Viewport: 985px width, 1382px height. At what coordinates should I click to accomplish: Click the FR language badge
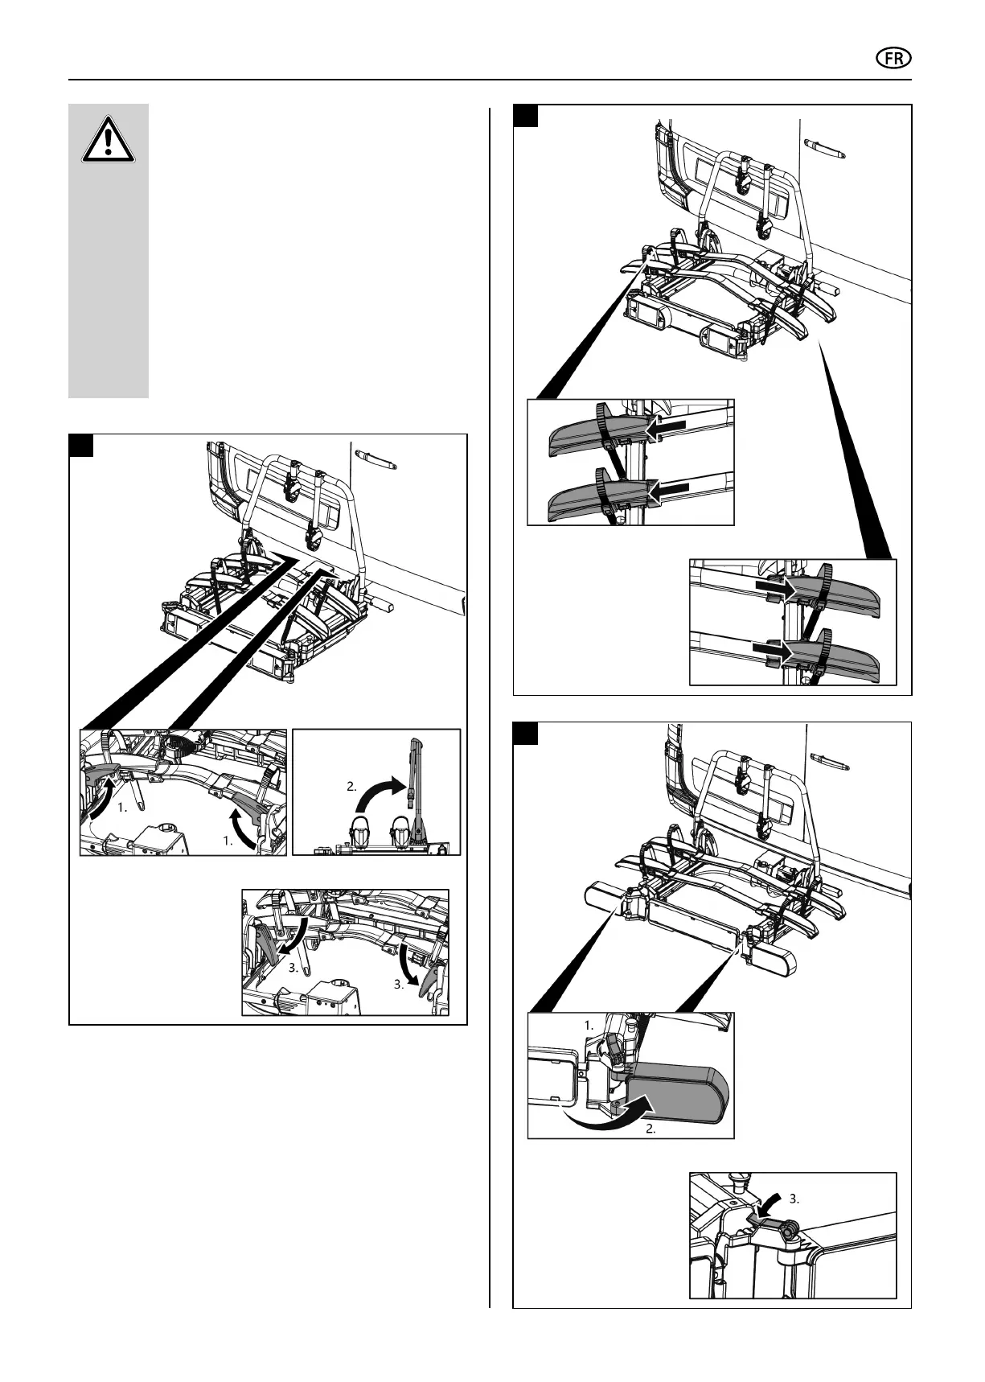892,60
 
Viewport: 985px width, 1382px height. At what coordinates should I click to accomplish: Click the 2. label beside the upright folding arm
352,787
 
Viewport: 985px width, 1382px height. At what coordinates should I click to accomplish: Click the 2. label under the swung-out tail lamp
651,1129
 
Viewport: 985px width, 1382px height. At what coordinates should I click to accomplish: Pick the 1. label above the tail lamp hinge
589,1026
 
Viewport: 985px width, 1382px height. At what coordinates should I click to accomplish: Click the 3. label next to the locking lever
794,1198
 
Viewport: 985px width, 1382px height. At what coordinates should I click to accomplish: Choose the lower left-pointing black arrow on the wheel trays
669,488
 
